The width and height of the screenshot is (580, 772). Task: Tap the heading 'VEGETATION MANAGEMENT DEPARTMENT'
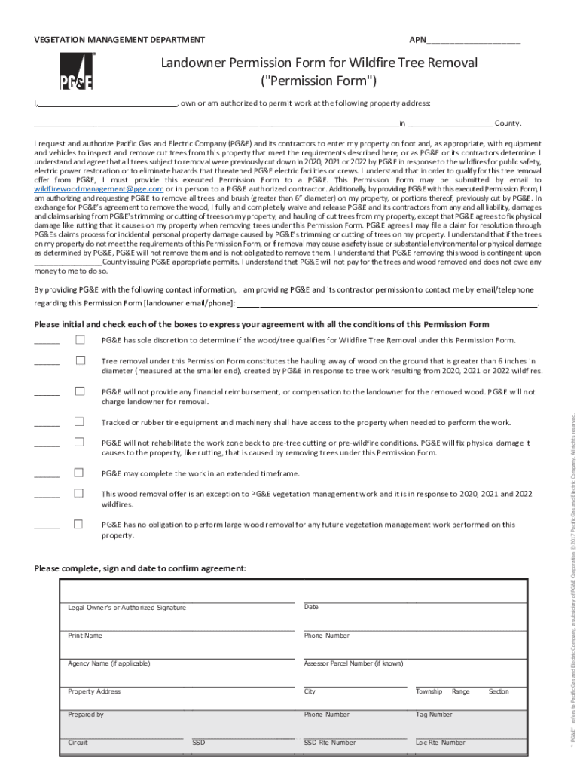pyautogui.click(x=119, y=40)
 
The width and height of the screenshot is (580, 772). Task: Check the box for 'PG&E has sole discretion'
pyautogui.click(x=80, y=340)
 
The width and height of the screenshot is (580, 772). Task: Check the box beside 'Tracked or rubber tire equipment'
pyautogui.click(x=80, y=421)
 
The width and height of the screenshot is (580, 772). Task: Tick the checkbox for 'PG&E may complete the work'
pyautogui.click(x=80, y=473)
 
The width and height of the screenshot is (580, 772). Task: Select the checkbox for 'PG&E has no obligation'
pyautogui.click(x=80, y=524)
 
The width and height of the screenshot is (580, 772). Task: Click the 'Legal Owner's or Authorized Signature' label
pyautogui.click(x=127, y=608)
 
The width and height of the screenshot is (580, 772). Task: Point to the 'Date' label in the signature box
pyautogui.click(x=311, y=607)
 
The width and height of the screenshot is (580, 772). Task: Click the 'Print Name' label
pyautogui.click(x=85, y=636)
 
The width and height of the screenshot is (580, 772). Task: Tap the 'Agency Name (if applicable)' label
pyautogui.click(x=109, y=663)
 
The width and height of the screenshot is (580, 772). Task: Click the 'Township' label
pyautogui.click(x=429, y=691)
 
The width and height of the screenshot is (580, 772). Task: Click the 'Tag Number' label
pyautogui.click(x=434, y=714)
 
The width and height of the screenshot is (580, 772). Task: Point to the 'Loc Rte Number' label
pyautogui.click(x=441, y=743)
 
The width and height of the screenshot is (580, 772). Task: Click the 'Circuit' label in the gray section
pyautogui.click(x=78, y=743)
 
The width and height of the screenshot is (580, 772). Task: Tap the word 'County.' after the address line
pyautogui.click(x=508, y=124)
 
